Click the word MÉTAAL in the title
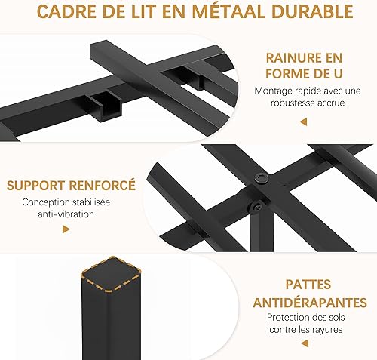tap(228, 11)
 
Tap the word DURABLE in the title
tap(312, 11)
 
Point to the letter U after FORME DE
tap(338, 74)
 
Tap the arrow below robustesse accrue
tap(303, 122)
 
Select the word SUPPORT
tap(36, 186)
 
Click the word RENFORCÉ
tap(103, 185)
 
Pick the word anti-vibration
tap(66, 214)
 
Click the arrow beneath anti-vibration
tap(66, 229)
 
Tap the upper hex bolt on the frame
tap(261, 179)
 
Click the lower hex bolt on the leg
tap(256, 207)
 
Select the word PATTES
tap(308, 285)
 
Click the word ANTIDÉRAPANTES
tap(310, 302)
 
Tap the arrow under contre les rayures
tap(305, 343)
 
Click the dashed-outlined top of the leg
tap(111, 274)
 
